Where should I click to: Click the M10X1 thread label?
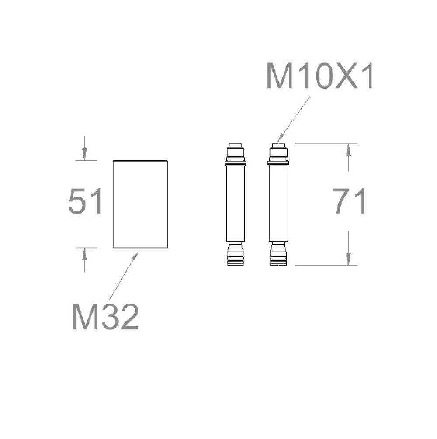(x=319, y=76)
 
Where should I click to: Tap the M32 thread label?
(x=105, y=317)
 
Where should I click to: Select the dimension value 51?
(x=85, y=201)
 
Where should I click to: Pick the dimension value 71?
(x=349, y=201)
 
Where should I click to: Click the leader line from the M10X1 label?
(x=294, y=119)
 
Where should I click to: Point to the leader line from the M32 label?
(x=124, y=276)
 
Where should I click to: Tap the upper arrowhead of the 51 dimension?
(x=84, y=154)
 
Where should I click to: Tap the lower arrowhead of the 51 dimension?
(x=84, y=254)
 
